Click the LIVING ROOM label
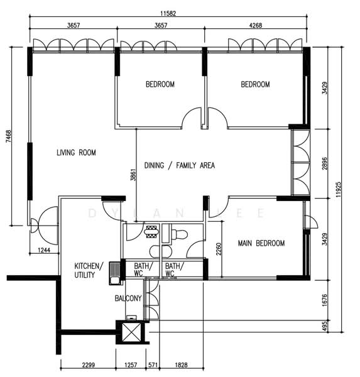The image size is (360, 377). [76, 153]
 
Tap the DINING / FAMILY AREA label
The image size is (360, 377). [180, 165]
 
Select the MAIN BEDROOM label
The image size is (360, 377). [261, 243]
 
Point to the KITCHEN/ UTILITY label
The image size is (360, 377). [89, 270]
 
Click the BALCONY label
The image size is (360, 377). [128, 298]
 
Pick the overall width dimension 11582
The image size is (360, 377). [168, 13]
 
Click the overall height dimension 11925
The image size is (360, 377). [339, 190]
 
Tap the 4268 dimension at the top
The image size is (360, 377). [255, 25]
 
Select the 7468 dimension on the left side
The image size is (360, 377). [8, 136]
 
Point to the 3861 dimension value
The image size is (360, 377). [133, 175]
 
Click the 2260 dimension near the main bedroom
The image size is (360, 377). [219, 249]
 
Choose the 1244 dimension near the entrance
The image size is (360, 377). [44, 250]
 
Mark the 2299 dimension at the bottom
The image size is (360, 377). [89, 365]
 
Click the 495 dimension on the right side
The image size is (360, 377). [325, 326]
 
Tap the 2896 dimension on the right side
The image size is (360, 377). [325, 163]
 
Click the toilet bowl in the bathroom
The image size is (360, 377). [179, 234]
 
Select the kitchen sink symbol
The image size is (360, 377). [116, 273]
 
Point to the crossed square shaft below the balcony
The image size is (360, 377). [131, 332]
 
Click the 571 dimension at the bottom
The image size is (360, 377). [153, 365]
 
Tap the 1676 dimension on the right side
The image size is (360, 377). [325, 300]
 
